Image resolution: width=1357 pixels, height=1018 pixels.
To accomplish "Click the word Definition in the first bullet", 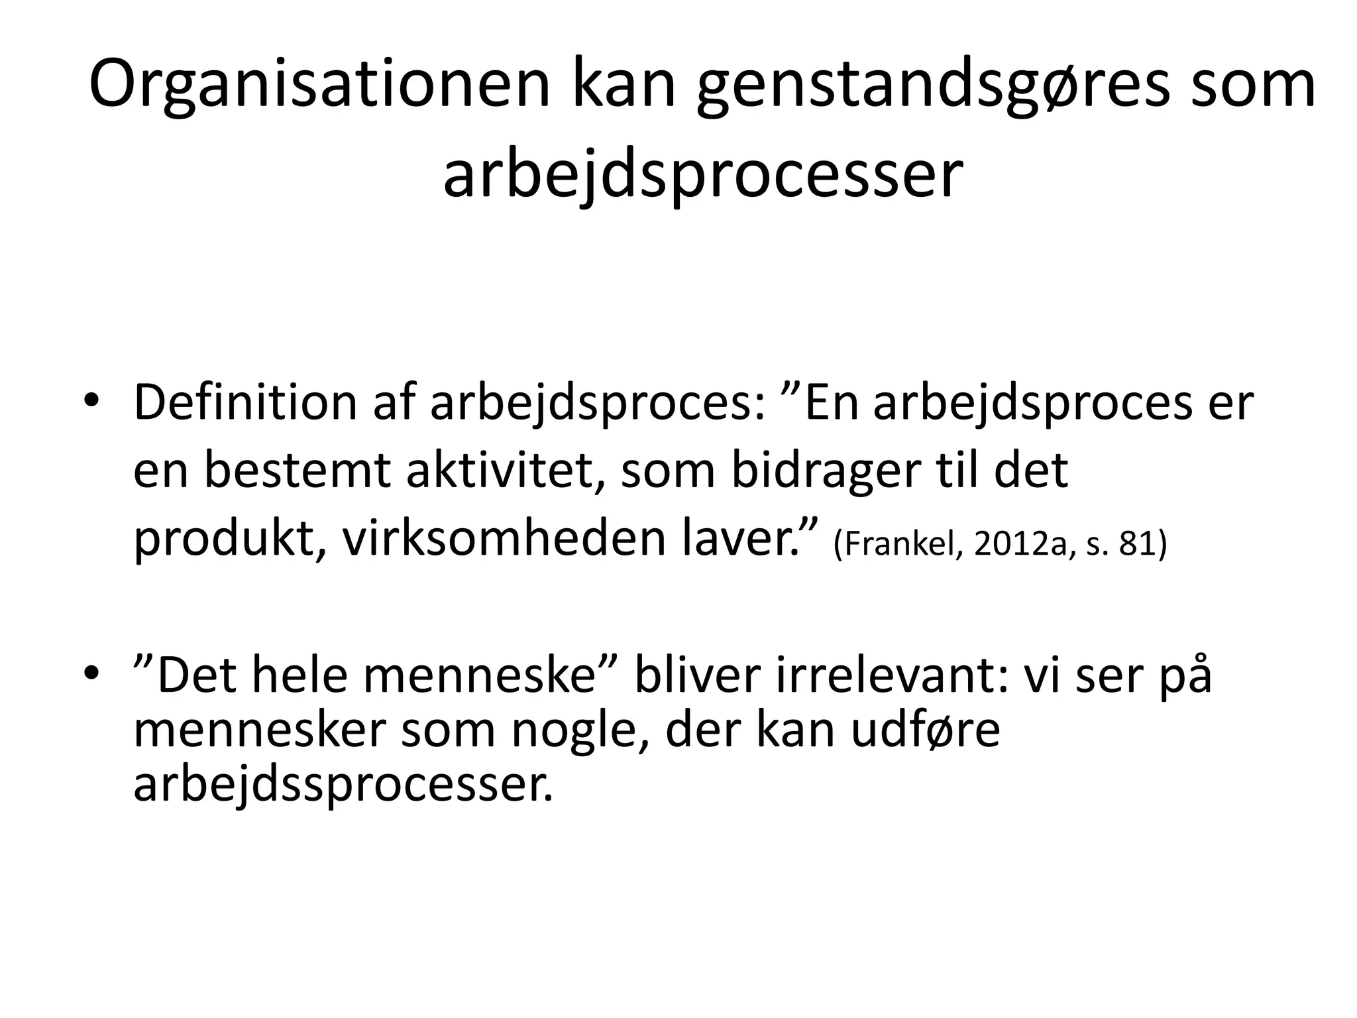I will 245,403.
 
